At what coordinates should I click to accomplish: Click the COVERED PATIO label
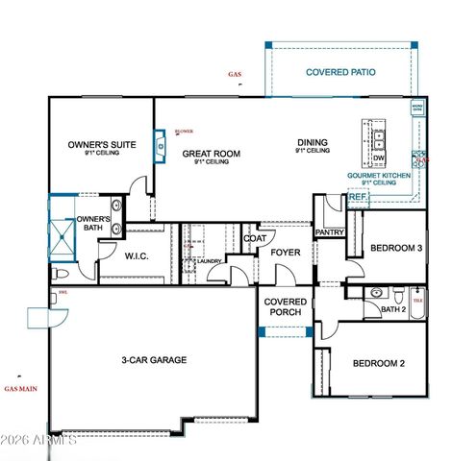(x=340, y=72)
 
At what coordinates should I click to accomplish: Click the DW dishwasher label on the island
(x=380, y=158)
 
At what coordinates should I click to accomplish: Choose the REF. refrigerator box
(x=358, y=197)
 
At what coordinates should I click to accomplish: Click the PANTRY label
(x=329, y=231)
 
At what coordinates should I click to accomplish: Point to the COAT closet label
(x=254, y=238)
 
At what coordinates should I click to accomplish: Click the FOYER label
(x=285, y=253)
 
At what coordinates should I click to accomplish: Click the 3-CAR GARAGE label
(x=153, y=360)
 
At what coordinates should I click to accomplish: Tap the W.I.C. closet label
(x=135, y=255)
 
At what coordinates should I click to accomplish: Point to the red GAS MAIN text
(x=20, y=389)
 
